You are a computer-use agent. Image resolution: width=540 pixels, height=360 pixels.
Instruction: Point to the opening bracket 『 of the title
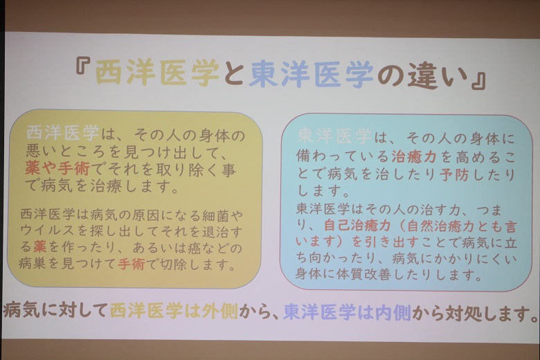pyautogui.click(x=83, y=66)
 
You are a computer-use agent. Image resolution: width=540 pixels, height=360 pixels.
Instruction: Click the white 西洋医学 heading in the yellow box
pyautogui.click(x=63, y=133)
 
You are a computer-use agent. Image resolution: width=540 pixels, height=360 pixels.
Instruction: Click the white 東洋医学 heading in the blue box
pyautogui.click(x=334, y=136)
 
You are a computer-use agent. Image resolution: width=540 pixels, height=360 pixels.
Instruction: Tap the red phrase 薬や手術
pyautogui.click(x=58, y=169)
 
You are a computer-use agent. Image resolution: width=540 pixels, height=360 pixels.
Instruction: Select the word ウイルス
pyautogui.click(x=47, y=230)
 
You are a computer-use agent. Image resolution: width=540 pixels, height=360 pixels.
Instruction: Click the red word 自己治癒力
pyautogui.click(x=357, y=226)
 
